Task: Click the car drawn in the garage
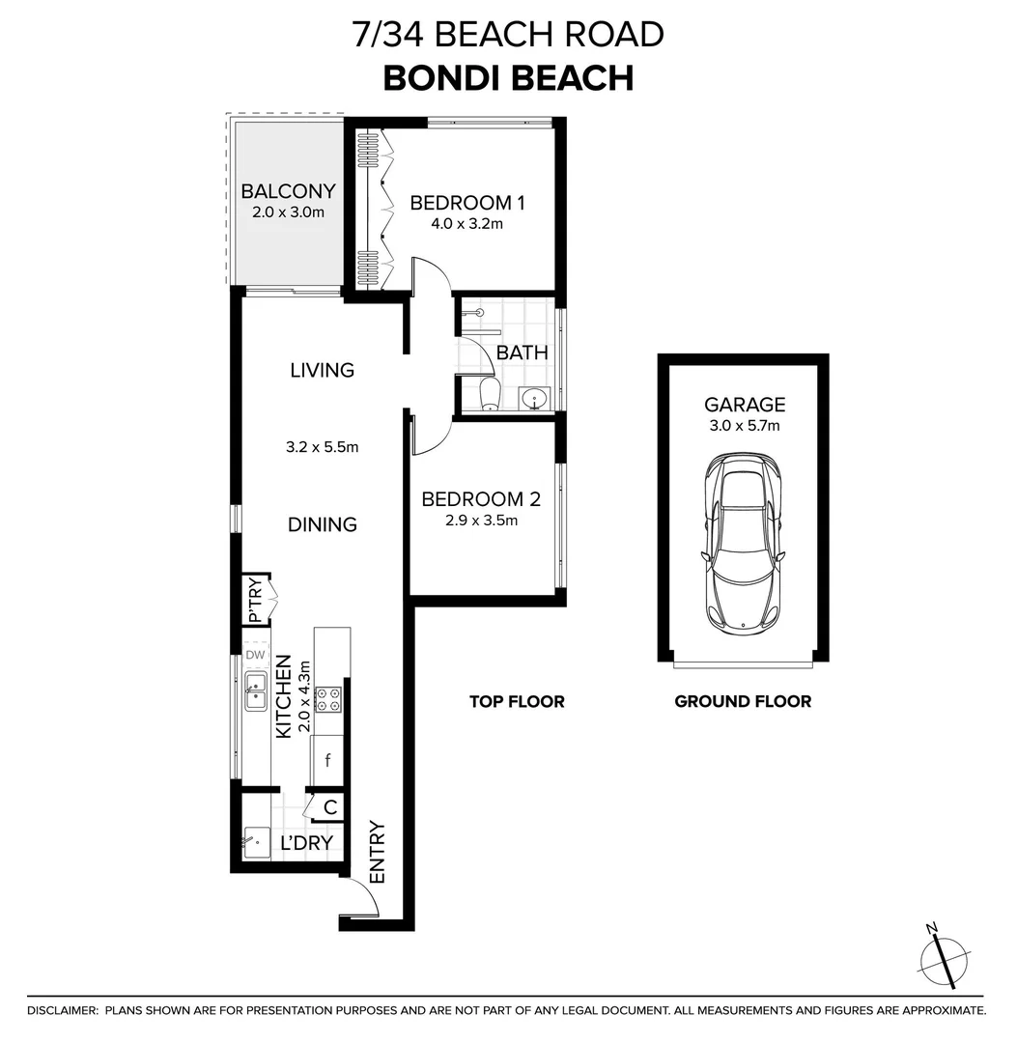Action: (x=743, y=544)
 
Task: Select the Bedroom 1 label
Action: (x=466, y=203)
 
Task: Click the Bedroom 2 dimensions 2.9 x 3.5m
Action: (x=481, y=521)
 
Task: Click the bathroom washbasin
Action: (x=532, y=397)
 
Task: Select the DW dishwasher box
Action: (x=255, y=656)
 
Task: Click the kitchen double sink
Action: (x=256, y=692)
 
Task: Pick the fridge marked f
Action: (x=328, y=760)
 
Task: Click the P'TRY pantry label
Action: (x=255, y=600)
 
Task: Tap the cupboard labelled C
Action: (x=329, y=807)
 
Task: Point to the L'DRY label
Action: (x=306, y=843)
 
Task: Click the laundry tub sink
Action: (x=255, y=842)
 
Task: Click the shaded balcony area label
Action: (x=288, y=191)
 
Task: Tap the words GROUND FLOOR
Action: (x=743, y=701)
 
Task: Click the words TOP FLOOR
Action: (x=517, y=701)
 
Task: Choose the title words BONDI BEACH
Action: (x=508, y=77)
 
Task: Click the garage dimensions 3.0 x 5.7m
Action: (x=744, y=425)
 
